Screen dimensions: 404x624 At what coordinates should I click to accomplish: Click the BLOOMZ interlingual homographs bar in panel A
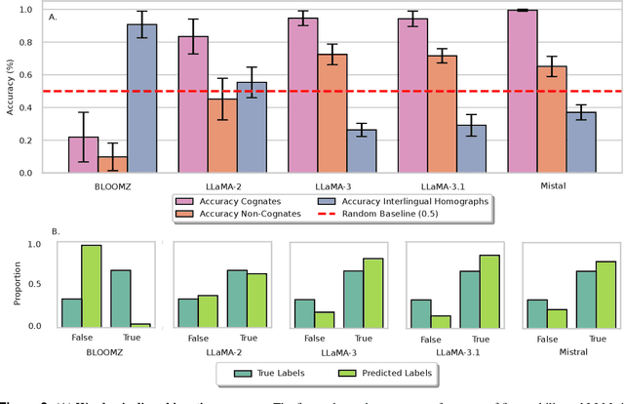tap(141, 99)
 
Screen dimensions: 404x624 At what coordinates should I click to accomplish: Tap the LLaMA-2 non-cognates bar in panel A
tap(222, 136)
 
